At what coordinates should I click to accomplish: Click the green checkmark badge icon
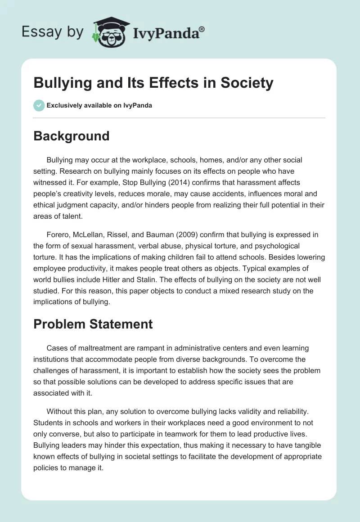click(39, 105)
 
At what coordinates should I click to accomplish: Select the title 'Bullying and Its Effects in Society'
click(153, 83)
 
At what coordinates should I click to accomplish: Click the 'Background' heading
click(71, 136)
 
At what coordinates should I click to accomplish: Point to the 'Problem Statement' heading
click(93, 324)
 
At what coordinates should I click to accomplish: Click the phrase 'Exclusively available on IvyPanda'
click(99, 106)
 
